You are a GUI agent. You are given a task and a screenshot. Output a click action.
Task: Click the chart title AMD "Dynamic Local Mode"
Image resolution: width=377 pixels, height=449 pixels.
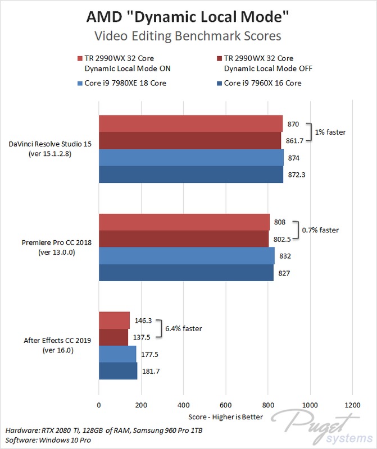(x=188, y=16)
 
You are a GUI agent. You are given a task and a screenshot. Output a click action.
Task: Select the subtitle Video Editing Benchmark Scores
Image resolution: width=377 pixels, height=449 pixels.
(x=188, y=36)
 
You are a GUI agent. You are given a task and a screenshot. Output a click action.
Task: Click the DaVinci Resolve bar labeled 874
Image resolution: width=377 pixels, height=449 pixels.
(x=191, y=158)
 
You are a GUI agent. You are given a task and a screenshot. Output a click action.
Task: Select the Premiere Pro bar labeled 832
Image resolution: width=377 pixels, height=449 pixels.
(x=187, y=256)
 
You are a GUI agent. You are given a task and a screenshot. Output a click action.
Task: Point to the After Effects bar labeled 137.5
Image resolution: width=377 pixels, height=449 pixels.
(x=113, y=337)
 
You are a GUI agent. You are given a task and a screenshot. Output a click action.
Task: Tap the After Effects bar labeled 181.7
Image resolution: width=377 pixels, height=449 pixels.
(x=118, y=371)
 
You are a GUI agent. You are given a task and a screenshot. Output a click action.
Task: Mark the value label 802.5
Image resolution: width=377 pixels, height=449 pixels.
(x=283, y=239)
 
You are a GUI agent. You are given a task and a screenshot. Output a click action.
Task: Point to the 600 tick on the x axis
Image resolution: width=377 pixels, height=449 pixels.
(x=226, y=405)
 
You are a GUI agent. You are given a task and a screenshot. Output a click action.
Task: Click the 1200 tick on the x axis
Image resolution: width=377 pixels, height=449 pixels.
(x=352, y=405)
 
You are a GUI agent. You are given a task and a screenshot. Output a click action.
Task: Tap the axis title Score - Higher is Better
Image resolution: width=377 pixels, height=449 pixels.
(x=225, y=418)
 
